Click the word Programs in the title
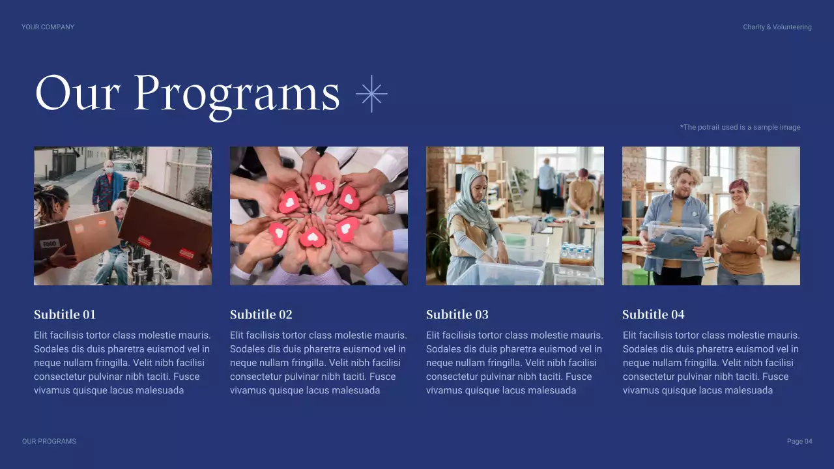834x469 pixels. click(237, 94)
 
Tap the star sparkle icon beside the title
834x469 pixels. click(371, 94)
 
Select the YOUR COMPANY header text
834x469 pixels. click(48, 27)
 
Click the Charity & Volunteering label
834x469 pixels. click(777, 27)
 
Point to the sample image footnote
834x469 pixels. click(740, 127)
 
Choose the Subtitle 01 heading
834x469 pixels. click(65, 315)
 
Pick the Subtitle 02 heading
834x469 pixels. click(261, 315)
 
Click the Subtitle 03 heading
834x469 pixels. click(457, 315)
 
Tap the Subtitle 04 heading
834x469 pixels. click(653, 315)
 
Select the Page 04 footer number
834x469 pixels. click(799, 442)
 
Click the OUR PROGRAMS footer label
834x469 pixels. click(49, 442)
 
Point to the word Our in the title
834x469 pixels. click(77, 94)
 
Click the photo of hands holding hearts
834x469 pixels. click(319, 216)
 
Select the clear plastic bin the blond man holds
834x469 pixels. click(676, 240)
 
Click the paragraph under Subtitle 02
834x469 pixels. click(319, 363)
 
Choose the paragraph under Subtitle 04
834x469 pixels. click(711, 363)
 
